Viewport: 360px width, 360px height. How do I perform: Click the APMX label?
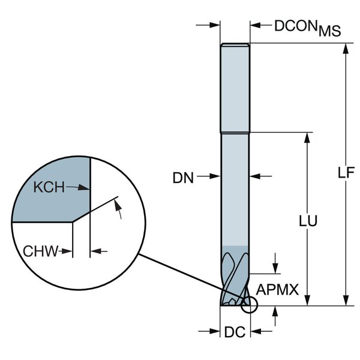pos(277,290)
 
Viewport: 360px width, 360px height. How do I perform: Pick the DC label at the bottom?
pos(236,332)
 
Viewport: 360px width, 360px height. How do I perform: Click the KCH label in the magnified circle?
pos(48,187)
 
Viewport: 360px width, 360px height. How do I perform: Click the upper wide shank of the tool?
pos(235,87)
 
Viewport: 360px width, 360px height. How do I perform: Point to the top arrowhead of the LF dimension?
pos(346,49)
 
